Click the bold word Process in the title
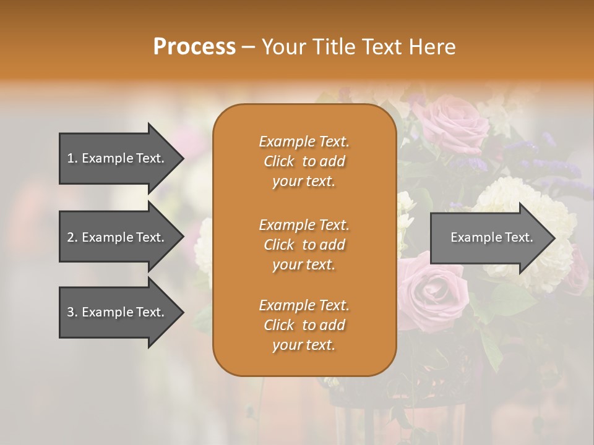tap(194, 47)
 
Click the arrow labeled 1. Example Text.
tap(116, 158)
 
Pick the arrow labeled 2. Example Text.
tap(116, 237)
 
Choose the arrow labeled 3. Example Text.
tap(116, 312)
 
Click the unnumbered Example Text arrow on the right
tap(491, 237)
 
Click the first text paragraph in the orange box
tap(304, 161)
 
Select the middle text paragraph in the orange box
tap(304, 245)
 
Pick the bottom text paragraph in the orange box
tap(304, 325)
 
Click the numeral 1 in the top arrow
tap(71, 158)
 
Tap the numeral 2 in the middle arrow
tap(71, 237)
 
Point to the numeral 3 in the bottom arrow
tap(71, 312)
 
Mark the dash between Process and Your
tap(249, 48)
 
